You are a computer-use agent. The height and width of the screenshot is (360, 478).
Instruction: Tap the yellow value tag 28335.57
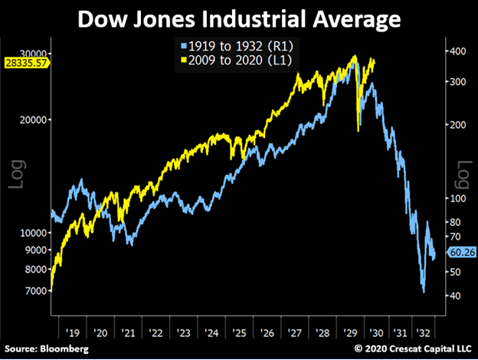pyautogui.click(x=25, y=62)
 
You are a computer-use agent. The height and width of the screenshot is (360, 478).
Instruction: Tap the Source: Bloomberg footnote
pyautogui.click(x=44, y=349)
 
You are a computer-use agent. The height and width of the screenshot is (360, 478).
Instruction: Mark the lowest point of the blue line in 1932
pyautogui.click(x=423, y=292)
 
